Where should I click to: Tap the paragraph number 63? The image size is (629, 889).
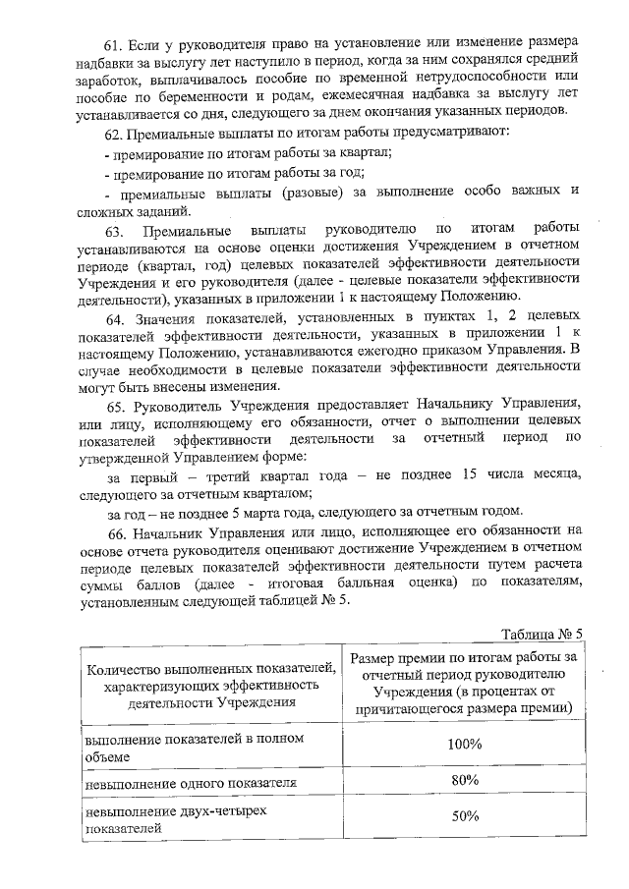[116, 231]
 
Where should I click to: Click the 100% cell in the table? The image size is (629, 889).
[462, 744]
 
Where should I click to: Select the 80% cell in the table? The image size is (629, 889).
[462, 780]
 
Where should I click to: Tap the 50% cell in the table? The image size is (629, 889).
[462, 816]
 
